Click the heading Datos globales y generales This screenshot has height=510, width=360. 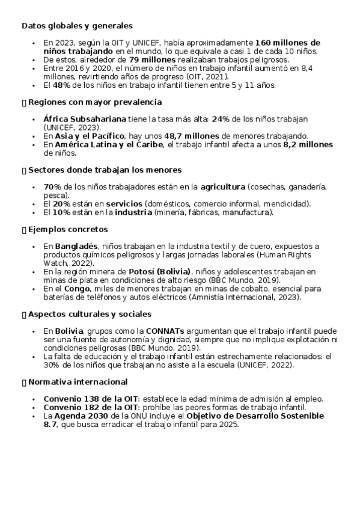pos(77,26)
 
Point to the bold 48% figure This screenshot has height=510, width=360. pos(63,85)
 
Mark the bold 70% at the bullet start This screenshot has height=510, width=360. pos(53,187)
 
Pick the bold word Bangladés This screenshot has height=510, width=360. pos(76,246)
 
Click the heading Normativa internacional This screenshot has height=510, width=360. pos(78,382)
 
